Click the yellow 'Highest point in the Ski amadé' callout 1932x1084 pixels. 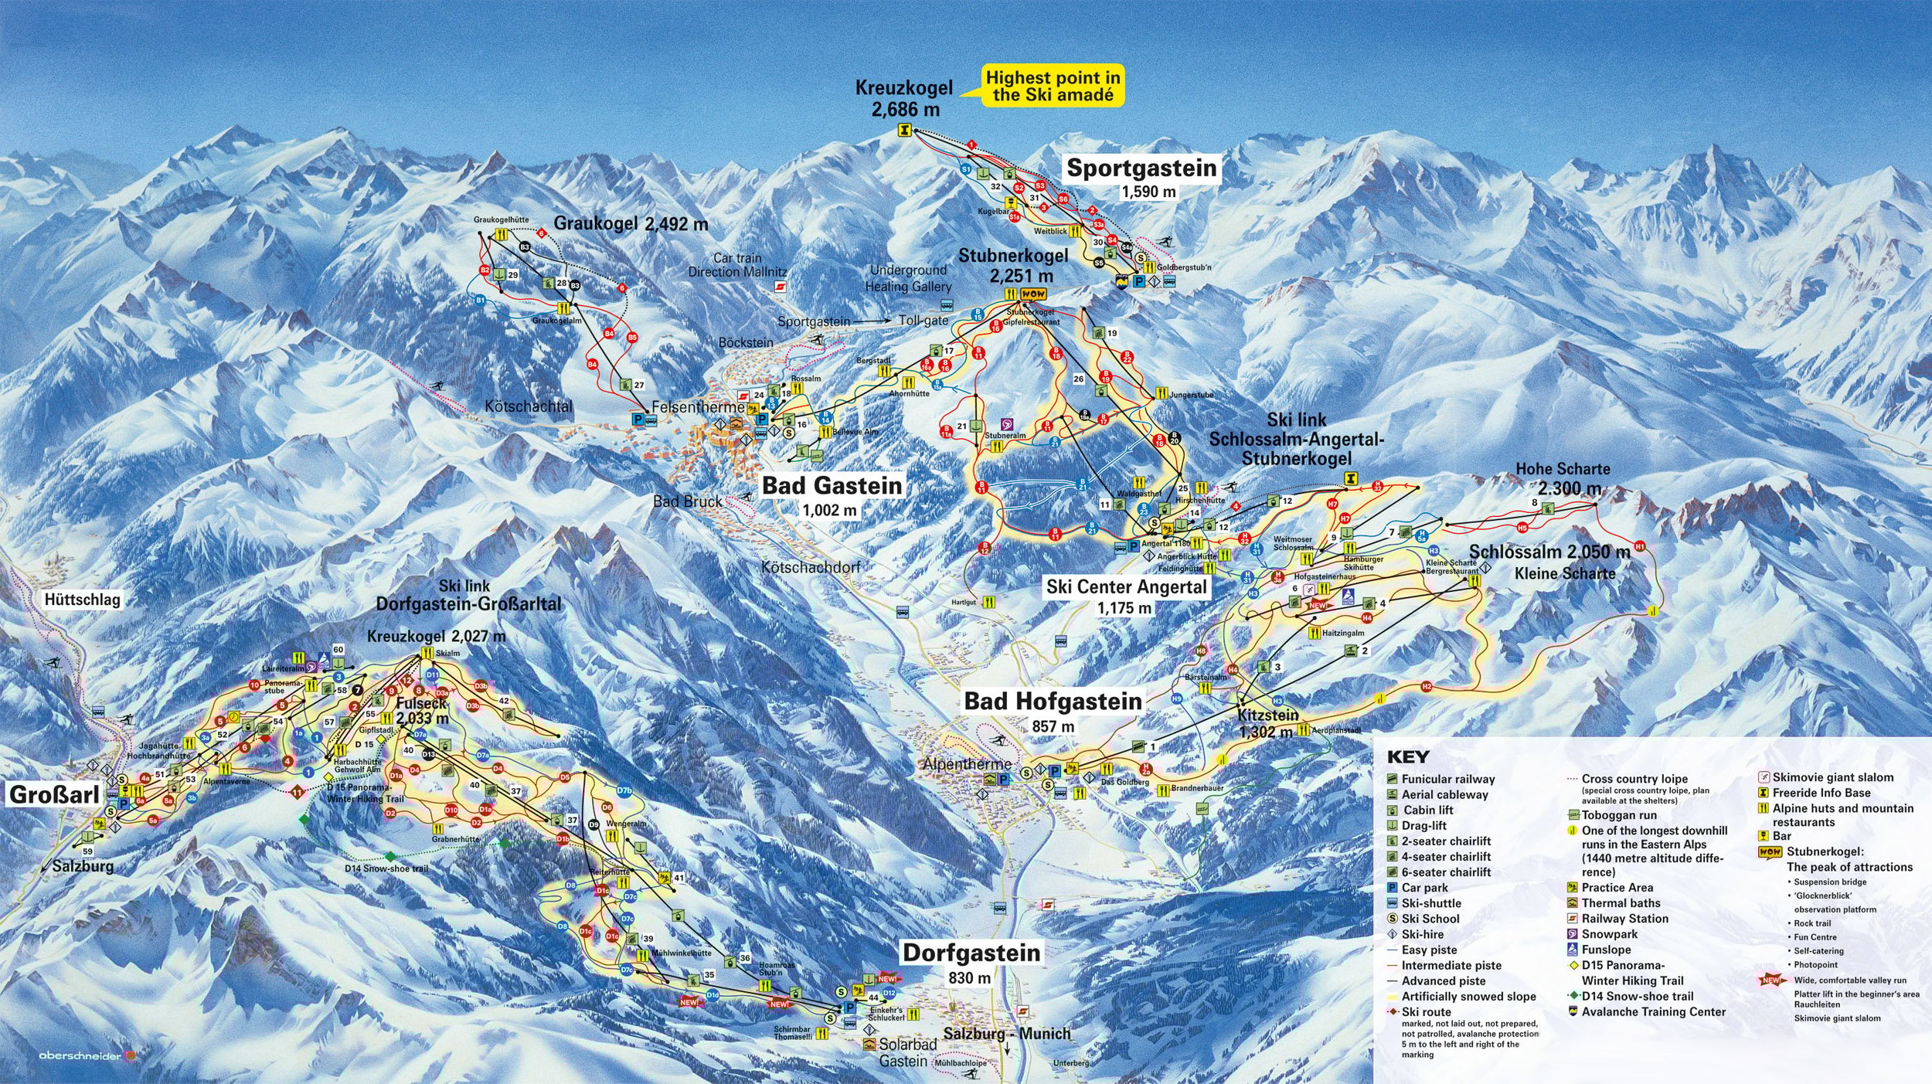pyautogui.click(x=1053, y=86)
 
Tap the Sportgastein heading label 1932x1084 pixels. pyautogui.click(x=1141, y=168)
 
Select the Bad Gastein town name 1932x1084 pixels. pyautogui.click(x=832, y=485)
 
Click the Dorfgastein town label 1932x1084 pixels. pyautogui.click(x=971, y=953)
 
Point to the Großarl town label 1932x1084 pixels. pyautogui.click(x=55, y=793)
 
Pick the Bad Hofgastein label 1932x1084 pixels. pyautogui.click(x=1053, y=702)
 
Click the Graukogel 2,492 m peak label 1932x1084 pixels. pyautogui.click(x=630, y=224)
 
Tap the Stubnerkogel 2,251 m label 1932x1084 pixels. pyautogui.click(x=1013, y=264)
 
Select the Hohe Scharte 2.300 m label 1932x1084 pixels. pyautogui.click(x=1563, y=478)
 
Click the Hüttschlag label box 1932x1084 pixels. pyautogui.click(x=82, y=600)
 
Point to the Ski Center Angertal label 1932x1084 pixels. pyautogui.click(x=1126, y=587)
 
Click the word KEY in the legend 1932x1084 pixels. pyautogui.click(x=1408, y=757)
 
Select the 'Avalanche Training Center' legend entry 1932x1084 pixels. pyautogui.click(x=1652, y=1012)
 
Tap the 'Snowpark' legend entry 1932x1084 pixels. pyautogui.click(x=1609, y=934)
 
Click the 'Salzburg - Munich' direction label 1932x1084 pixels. pyautogui.click(x=1007, y=1034)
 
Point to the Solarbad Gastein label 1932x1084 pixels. pyautogui.click(x=907, y=1053)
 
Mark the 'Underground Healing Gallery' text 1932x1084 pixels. pyautogui.click(x=908, y=278)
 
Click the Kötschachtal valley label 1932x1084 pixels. pyautogui.click(x=529, y=406)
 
